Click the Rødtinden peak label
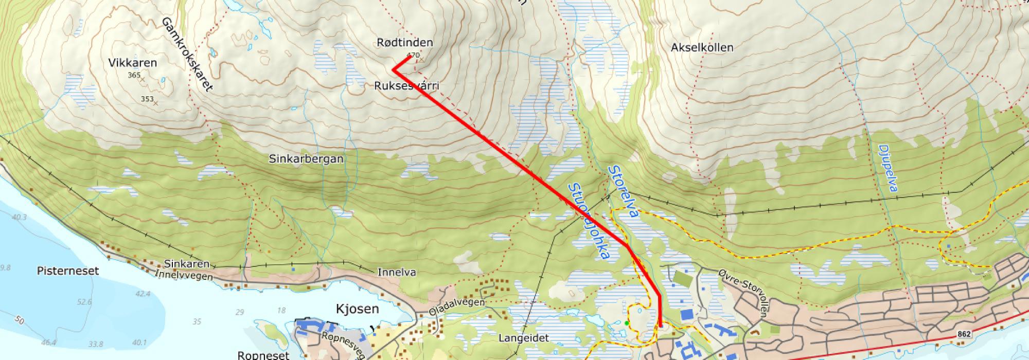pos(405,43)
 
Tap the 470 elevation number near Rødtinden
pos(413,55)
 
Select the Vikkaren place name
pos(133,63)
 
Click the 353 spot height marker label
pos(147,99)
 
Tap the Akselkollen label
pos(702,47)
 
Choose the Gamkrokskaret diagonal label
pos(187,54)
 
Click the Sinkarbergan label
pos(306,159)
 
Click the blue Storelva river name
pos(623,191)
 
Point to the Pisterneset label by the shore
pos(68,271)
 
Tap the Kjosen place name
pos(357,309)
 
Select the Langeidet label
pos(524,338)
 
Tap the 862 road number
pos(965,334)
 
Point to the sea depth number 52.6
pos(84,302)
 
